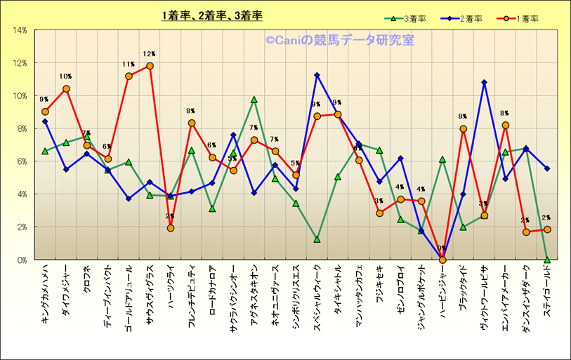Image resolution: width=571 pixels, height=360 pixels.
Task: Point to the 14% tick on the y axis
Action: point(19,30)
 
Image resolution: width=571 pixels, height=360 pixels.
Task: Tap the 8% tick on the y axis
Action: point(21,128)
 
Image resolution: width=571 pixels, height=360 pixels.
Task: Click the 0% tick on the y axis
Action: point(21,260)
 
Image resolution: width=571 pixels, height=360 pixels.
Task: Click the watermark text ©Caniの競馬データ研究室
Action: point(339,40)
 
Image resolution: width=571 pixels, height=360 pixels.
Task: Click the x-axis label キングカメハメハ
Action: point(45,293)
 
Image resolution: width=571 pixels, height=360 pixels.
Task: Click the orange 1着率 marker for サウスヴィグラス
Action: point(150,66)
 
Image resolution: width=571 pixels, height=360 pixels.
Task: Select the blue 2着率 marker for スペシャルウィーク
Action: point(317,75)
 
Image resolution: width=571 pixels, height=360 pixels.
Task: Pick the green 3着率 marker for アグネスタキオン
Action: point(254,100)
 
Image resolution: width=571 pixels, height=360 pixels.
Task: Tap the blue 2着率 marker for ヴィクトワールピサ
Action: point(484,83)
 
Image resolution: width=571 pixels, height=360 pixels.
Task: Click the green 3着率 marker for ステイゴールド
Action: point(547,260)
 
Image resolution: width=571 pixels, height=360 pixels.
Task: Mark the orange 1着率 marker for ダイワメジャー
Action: point(66,89)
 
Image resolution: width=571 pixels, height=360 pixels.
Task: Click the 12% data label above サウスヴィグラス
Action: point(149,53)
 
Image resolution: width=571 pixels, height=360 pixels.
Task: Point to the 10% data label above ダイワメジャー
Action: point(65,76)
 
